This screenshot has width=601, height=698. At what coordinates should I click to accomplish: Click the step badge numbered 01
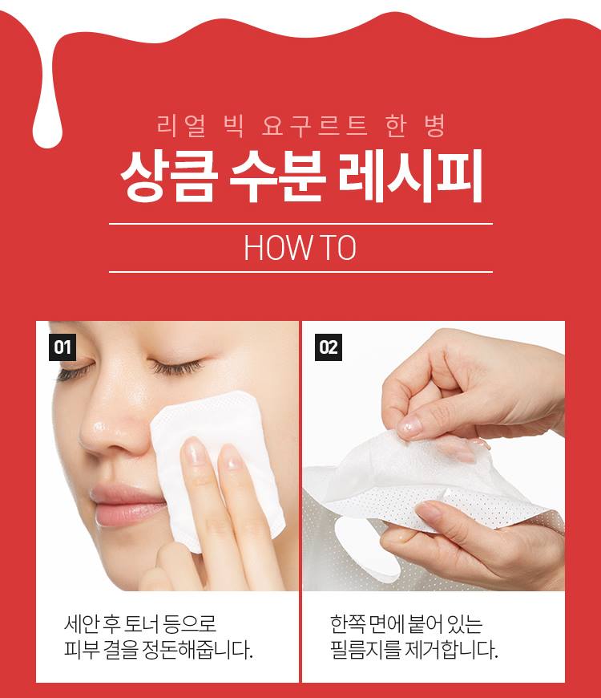click(63, 347)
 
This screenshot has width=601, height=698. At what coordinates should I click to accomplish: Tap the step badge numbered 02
click(329, 347)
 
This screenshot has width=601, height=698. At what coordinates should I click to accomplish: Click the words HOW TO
click(300, 248)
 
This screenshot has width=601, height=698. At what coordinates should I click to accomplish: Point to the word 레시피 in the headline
click(409, 177)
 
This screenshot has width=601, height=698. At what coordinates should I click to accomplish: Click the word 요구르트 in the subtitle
click(315, 125)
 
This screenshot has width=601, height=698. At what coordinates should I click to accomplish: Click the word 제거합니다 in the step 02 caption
click(452, 650)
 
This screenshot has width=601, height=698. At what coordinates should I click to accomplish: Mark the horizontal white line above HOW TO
click(300, 224)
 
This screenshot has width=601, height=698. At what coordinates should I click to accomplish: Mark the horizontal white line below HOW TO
click(300, 271)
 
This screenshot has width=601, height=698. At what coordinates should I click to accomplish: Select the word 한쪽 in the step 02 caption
click(348, 623)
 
